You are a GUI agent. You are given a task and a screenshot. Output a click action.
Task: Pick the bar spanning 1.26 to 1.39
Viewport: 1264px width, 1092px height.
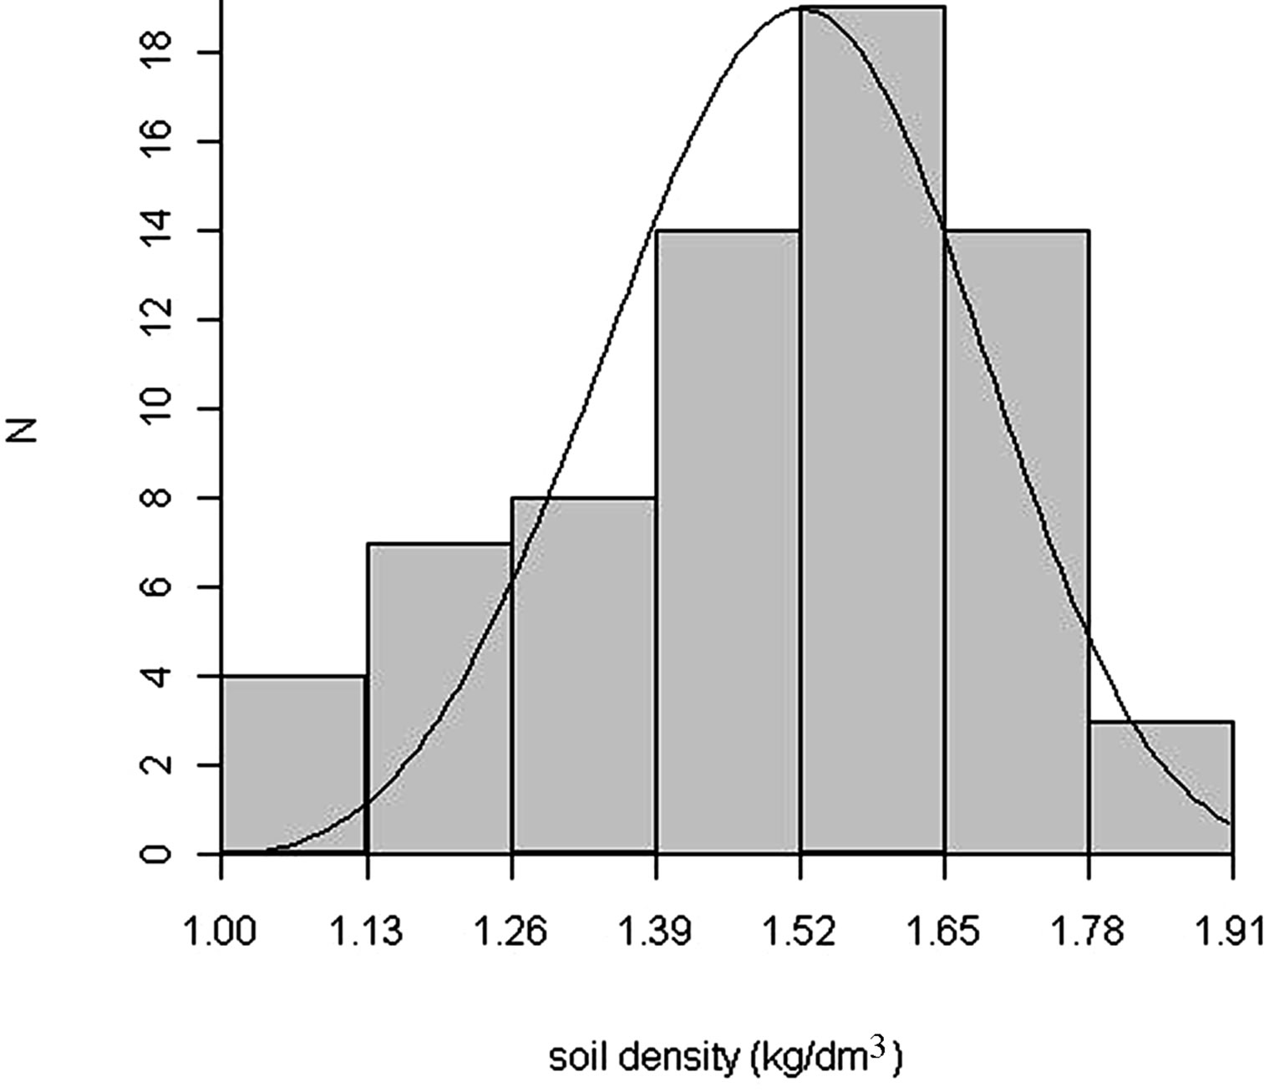tap(583, 676)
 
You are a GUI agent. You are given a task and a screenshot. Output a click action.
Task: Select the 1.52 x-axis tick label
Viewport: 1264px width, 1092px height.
tap(800, 930)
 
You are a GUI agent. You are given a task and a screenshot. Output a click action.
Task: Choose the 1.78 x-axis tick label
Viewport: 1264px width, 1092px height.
tap(1089, 930)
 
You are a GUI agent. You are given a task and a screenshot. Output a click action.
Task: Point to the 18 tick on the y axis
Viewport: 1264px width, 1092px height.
tap(157, 53)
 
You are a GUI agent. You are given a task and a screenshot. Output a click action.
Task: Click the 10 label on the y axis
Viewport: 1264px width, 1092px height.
tap(157, 409)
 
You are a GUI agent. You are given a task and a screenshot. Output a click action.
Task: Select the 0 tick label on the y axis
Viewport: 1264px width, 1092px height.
tap(157, 854)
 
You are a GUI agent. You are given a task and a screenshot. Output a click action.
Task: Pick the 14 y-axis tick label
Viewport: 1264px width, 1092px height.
tap(157, 231)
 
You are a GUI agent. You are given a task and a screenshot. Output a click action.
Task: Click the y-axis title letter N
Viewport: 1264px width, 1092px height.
tap(28, 429)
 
